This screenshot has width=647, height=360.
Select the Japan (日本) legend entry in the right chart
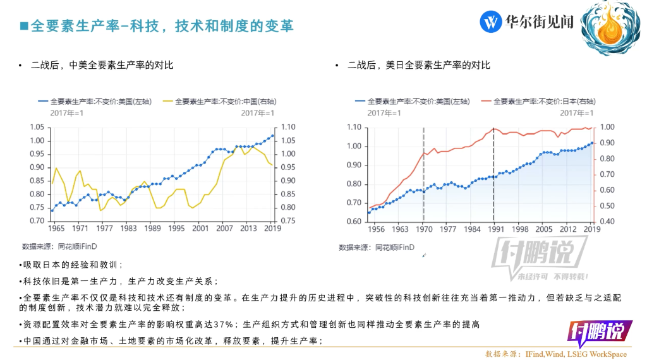pos(543,101)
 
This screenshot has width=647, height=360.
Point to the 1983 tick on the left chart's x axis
pos(129,229)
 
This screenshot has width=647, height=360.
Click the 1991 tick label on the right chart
pos(493,229)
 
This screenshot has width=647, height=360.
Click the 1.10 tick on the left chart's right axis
pos(288,126)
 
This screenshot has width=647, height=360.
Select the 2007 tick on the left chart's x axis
pos(224,229)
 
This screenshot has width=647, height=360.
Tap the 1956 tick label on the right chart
pos(377,229)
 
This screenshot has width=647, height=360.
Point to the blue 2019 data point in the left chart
pos(272,135)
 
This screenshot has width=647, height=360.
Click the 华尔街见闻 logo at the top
pos(527,22)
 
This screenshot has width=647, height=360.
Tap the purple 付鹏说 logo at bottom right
pos(595,332)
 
